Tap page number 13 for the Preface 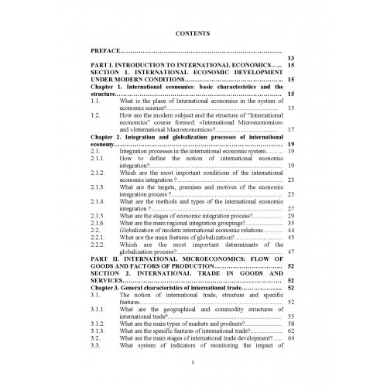pos(291,58)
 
